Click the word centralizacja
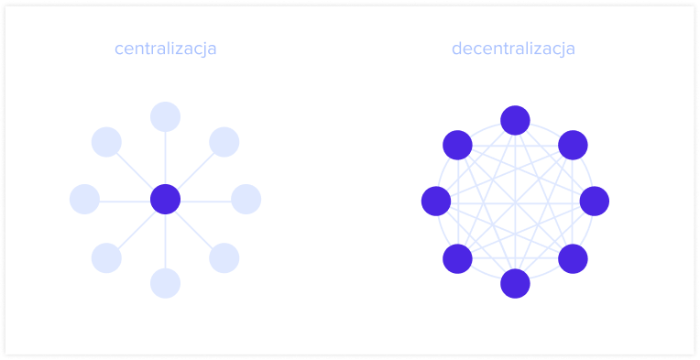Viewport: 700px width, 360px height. pyautogui.click(x=166, y=49)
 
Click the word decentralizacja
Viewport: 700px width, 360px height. pyautogui.click(x=513, y=49)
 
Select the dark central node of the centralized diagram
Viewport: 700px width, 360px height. pyautogui.click(x=165, y=199)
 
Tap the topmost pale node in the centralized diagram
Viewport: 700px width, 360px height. pyautogui.click(x=165, y=116)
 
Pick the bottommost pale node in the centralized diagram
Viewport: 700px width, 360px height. pyautogui.click(x=165, y=283)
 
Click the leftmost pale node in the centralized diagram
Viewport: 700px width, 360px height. pyautogui.click(x=84, y=199)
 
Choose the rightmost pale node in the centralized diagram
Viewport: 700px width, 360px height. pyautogui.click(x=246, y=199)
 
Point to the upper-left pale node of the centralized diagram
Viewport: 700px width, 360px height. pyautogui.click(x=106, y=142)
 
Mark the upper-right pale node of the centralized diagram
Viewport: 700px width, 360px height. pyautogui.click(x=224, y=142)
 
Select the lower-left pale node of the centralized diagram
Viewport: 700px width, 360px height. pyautogui.click(x=106, y=258)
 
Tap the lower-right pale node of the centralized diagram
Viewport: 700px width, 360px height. pyautogui.click(x=224, y=258)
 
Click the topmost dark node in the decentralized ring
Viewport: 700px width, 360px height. pyautogui.click(x=515, y=120)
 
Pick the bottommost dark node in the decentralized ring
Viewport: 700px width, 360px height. pyautogui.click(x=515, y=283)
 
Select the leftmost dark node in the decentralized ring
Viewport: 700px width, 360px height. pyautogui.click(x=435, y=201)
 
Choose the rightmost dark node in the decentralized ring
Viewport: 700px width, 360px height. pyautogui.click(x=595, y=201)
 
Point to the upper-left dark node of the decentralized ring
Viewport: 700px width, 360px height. pyautogui.click(x=457, y=145)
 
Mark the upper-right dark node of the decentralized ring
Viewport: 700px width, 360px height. pyautogui.click(x=573, y=145)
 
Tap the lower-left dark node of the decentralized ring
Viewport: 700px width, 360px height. pyautogui.click(x=457, y=258)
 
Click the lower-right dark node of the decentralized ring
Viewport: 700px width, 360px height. pyautogui.click(x=573, y=258)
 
